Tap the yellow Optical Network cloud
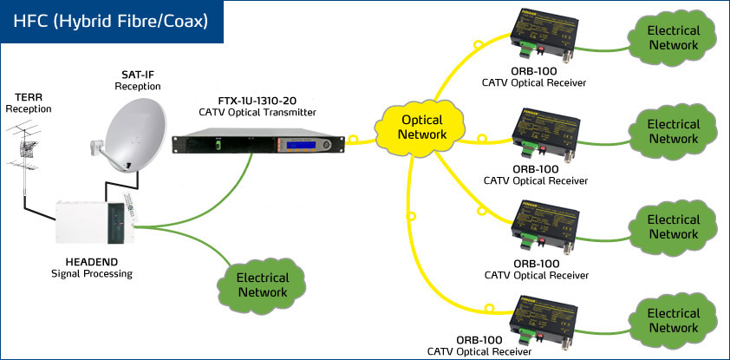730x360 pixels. pos(423,127)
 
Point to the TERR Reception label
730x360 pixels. pos(29,102)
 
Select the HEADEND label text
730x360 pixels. pos(91,262)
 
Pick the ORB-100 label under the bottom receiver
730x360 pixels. pos(478,339)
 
